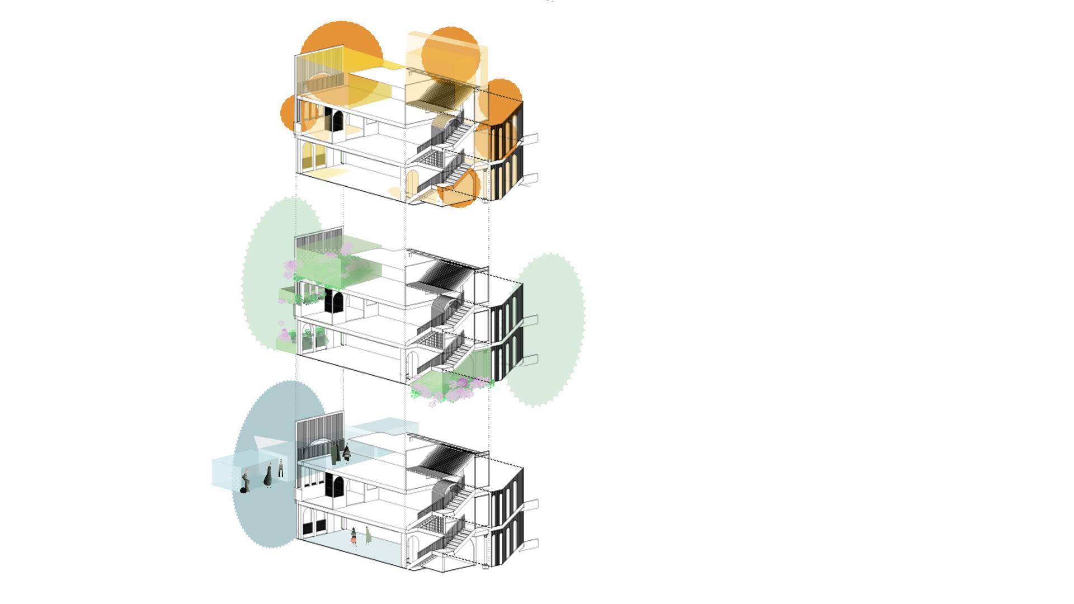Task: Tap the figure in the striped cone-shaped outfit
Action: point(347,453)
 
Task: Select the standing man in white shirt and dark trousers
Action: point(281,468)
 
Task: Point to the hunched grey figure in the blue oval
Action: point(244,482)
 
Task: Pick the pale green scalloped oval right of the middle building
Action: point(551,330)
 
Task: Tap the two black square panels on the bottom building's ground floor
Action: point(313,527)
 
